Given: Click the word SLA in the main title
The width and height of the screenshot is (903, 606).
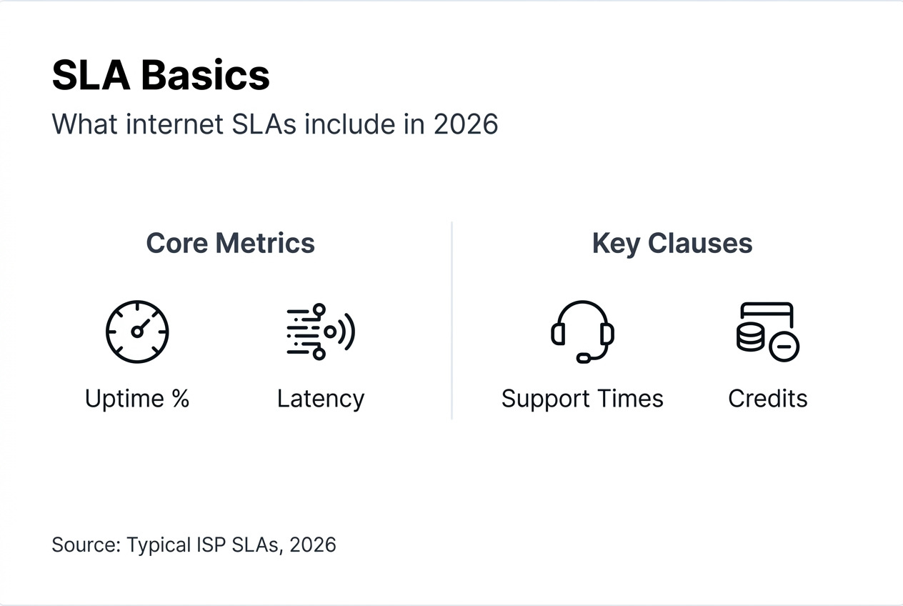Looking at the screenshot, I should [91, 75].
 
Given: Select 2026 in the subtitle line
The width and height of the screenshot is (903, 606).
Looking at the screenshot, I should [466, 124].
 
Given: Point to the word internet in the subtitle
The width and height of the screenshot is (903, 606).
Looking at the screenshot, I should [175, 124].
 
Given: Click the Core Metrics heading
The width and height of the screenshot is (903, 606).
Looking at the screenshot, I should [230, 243].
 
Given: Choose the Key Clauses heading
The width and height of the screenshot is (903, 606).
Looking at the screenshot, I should [672, 243].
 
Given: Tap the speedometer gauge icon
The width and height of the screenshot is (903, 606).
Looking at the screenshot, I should [137, 332].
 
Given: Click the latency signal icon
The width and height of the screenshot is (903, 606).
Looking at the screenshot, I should [320, 332].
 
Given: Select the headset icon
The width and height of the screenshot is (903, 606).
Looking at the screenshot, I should [582, 331].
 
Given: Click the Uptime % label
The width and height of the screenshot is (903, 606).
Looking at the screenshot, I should [137, 398].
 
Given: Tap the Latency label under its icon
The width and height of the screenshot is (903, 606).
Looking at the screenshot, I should [321, 398].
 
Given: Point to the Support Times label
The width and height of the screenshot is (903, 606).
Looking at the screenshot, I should [582, 398].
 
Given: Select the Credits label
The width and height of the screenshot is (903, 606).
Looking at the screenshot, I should [767, 398].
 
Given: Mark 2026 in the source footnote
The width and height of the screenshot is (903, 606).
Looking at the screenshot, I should [313, 545].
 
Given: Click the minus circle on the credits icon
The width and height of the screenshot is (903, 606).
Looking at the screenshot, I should [784, 347].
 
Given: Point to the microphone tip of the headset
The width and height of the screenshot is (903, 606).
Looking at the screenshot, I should [584, 358].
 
